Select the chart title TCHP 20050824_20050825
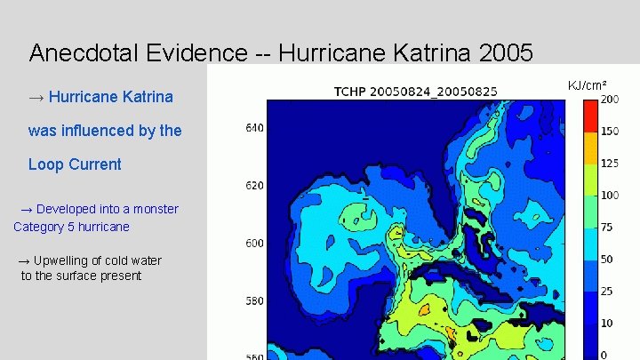[415, 91]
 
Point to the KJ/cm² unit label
[588, 85]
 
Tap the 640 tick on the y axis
[254, 128]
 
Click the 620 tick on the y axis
[254, 186]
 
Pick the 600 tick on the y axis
[254, 244]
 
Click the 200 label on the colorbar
[610, 100]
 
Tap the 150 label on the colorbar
[610, 132]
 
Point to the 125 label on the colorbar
[610, 164]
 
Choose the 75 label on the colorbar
[607, 228]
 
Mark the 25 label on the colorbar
[607, 292]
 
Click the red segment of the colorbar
[590, 116]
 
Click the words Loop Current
[75, 164]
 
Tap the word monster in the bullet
[154, 209]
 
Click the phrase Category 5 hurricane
[71, 227]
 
